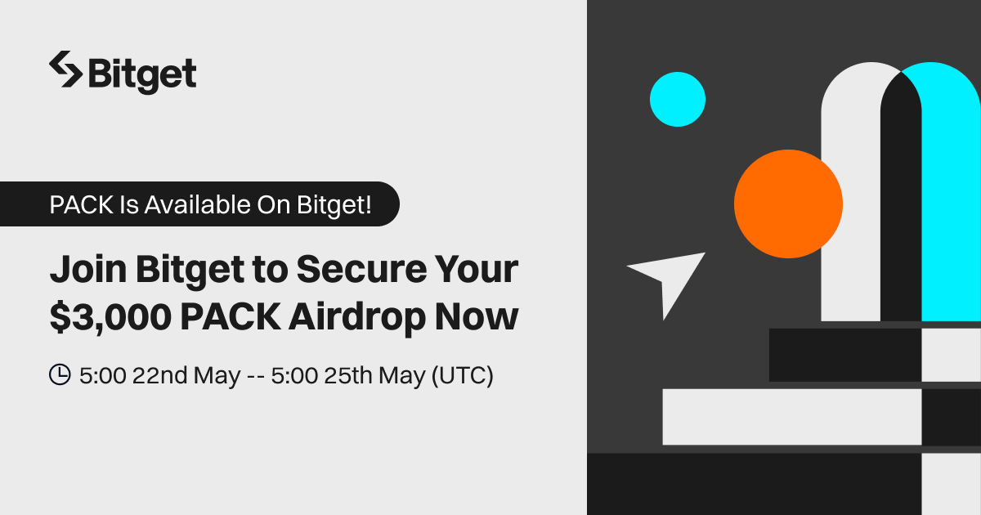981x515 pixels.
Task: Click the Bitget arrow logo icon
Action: pos(65,69)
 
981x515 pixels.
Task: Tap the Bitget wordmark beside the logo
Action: pos(142,75)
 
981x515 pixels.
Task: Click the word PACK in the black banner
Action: pos(82,204)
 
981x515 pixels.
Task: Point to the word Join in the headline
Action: pos(88,269)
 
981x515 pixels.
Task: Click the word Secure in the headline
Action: pos(361,269)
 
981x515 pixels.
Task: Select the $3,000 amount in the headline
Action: pos(110,316)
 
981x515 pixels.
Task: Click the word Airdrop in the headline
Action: pos(357,317)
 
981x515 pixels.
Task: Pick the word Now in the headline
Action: pos(477,316)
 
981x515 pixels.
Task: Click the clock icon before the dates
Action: pos(60,374)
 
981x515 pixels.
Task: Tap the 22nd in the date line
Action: pos(160,375)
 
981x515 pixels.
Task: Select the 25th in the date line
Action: pos(348,375)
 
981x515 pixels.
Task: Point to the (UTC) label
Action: pos(463,376)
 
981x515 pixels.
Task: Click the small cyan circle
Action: pos(678,100)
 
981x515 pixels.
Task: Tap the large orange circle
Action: pos(788,204)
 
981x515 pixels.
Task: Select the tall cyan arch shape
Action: pos(950,193)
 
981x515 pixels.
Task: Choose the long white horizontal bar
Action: pos(792,417)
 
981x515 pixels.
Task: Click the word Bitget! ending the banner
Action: pos(334,204)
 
